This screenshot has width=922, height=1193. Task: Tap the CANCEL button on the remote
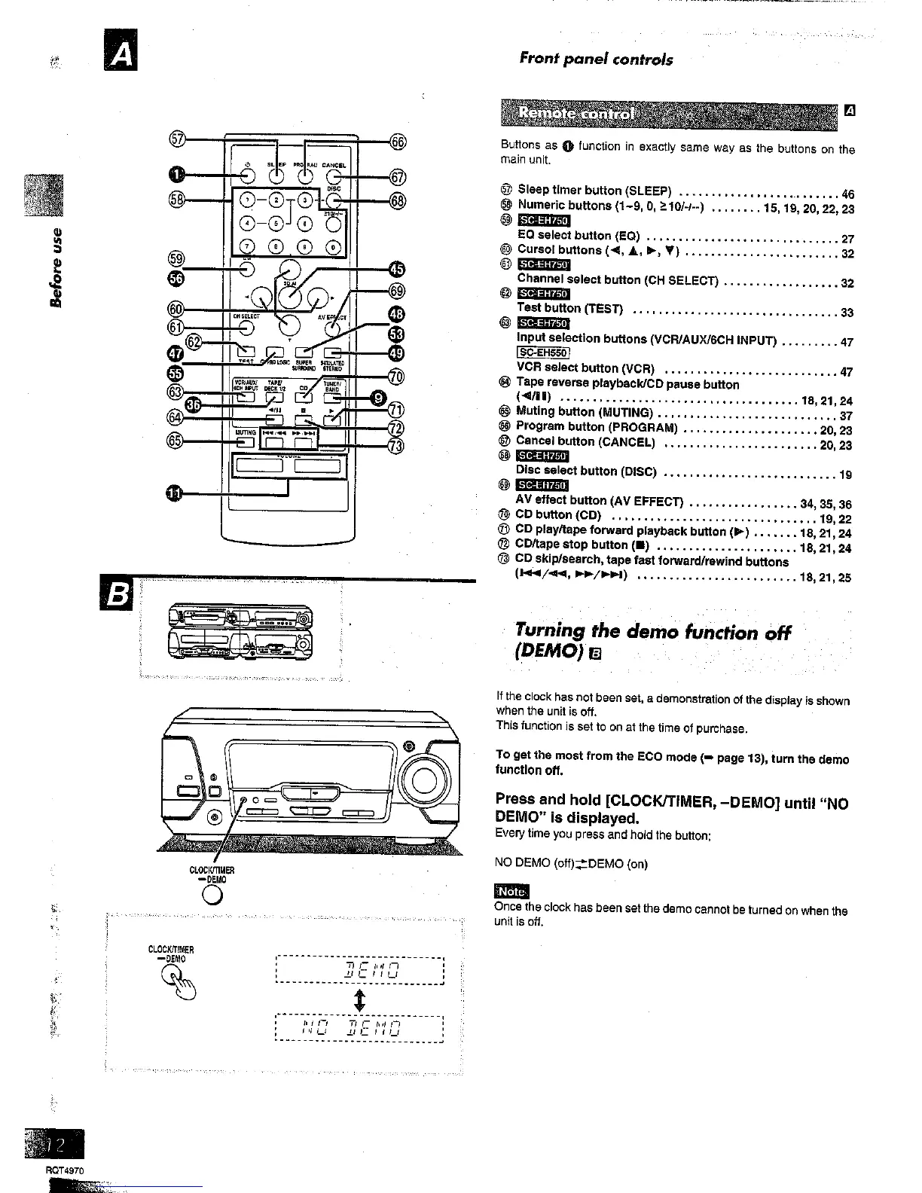[x=334, y=177]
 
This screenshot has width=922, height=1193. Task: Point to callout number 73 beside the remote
[x=395, y=446]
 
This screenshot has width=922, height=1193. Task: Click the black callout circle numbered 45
[x=396, y=270]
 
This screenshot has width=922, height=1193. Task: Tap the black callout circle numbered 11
[x=174, y=493]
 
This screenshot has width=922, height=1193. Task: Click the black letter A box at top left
[x=119, y=56]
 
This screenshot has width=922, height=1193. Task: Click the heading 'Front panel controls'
[x=596, y=59]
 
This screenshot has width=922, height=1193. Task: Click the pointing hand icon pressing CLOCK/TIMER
[x=176, y=981]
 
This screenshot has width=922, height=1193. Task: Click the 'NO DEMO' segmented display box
[x=360, y=1028]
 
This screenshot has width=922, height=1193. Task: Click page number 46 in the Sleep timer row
[x=847, y=194]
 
